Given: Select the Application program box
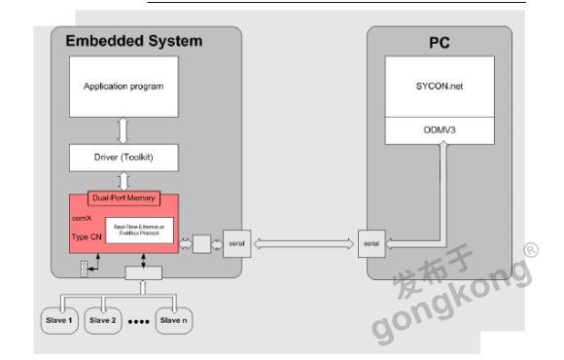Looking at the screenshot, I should point(123,86).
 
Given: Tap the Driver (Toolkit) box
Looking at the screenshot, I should point(123,156).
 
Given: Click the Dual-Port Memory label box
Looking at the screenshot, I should point(123,197).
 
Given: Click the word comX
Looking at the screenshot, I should point(82,220).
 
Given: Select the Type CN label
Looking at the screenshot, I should point(88,236).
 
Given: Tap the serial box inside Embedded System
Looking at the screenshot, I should point(236,243).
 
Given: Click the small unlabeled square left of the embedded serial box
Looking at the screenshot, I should point(201,243).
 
